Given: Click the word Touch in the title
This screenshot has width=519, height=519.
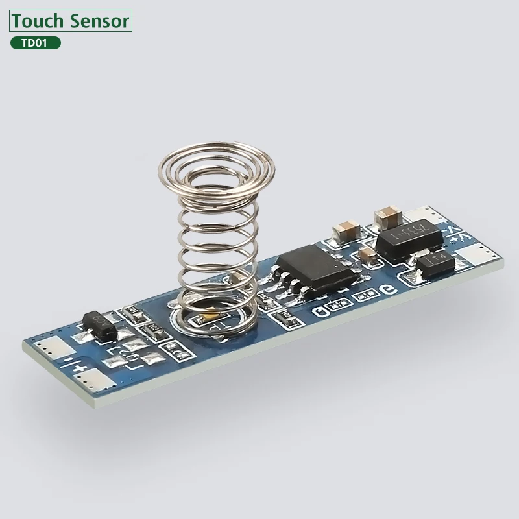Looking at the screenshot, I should (x=38, y=21).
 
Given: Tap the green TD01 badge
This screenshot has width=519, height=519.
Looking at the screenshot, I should (x=36, y=43).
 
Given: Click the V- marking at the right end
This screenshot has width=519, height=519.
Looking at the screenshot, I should (x=449, y=228).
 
